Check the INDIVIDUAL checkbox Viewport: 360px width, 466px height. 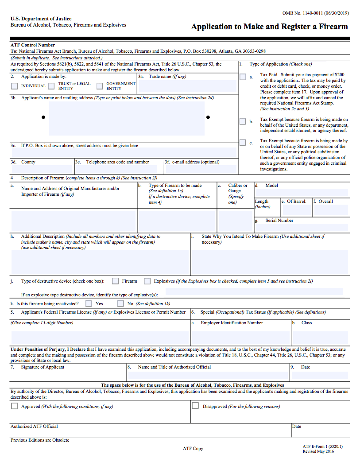click(x=15, y=86)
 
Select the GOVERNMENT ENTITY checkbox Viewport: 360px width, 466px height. click(x=100, y=86)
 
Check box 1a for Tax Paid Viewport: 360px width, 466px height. click(x=243, y=77)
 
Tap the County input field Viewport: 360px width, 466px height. click(x=42, y=169)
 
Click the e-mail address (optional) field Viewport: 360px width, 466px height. click(x=200, y=169)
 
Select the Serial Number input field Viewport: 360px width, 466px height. click(x=301, y=227)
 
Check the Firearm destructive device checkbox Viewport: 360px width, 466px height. click(x=116, y=281)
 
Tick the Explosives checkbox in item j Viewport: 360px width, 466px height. click(x=147, y=281)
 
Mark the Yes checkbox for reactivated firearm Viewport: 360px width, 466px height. click(x=89, y=303)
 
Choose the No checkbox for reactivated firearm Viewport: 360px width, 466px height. click(x=120, y=303)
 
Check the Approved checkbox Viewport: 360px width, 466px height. click(x=15, y=406)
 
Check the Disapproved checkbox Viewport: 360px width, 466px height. click(x=195, y=406)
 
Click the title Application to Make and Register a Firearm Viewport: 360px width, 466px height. click(x=269, y=27)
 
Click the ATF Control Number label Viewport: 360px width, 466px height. click(x=33, y=45)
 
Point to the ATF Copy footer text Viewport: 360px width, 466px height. click(x=193, y=448)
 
